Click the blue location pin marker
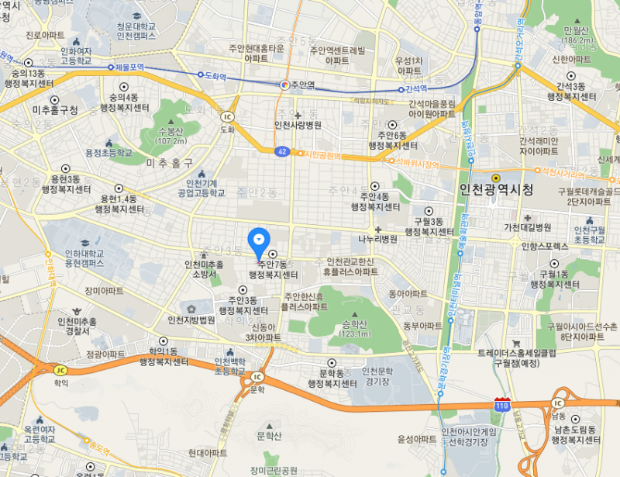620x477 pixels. click(259, 241)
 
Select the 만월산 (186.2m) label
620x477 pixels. click(578, 35)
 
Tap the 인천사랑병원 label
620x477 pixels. click(298, 124)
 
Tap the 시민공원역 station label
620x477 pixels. click(324, 156)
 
